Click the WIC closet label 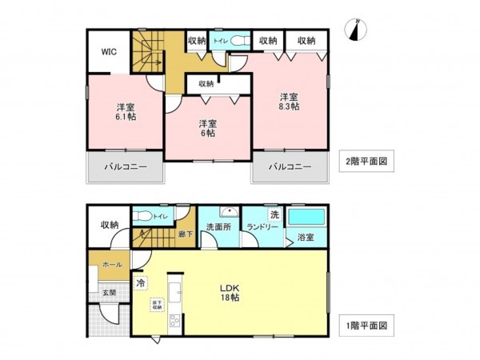coord(109,52)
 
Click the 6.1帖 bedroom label coord(125,112)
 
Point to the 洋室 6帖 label coord(208,128)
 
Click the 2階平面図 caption coord(367,159)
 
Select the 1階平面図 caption coord(367,326)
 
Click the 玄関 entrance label coord(108,294)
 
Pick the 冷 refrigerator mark coord(141,282)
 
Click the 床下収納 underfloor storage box coord(157,304)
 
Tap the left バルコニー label coord(125,167)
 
